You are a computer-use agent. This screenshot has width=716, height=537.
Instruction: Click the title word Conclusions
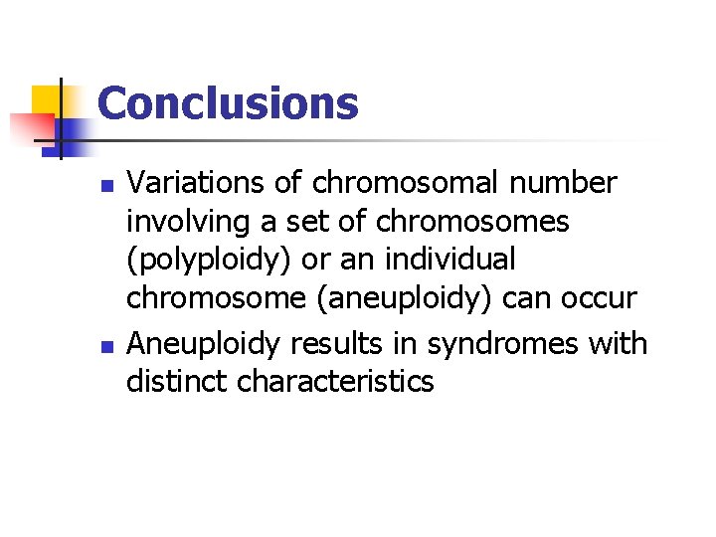[228, 103]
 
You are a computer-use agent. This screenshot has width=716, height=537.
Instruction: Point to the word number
[574, 183]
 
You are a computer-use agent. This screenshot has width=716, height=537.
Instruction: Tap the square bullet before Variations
[111, 185]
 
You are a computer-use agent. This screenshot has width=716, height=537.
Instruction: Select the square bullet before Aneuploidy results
[111, 346]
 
